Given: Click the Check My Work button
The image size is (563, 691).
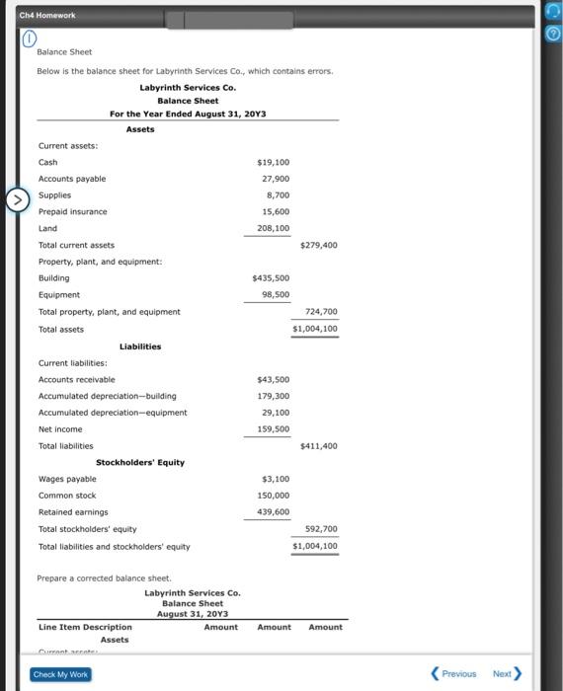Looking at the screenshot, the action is [61, 674].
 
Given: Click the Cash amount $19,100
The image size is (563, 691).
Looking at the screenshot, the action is [273, 162].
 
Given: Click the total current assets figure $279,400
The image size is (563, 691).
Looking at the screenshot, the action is [318, 245].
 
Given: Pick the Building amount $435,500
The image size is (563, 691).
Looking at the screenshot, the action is [271, 278].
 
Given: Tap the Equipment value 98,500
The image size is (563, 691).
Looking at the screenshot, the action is [276, 294].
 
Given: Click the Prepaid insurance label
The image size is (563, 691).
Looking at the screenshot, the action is [72, 211].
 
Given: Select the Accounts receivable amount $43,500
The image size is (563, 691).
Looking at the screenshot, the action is [273, 379].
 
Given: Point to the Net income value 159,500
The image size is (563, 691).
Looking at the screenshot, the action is [273, 429].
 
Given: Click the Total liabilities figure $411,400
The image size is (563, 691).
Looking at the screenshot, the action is [318, 446].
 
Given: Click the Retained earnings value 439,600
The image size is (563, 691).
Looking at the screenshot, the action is [273, 512].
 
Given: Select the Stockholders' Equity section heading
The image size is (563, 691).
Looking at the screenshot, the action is [140, 462].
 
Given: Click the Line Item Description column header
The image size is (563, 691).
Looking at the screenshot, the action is [85, 627].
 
